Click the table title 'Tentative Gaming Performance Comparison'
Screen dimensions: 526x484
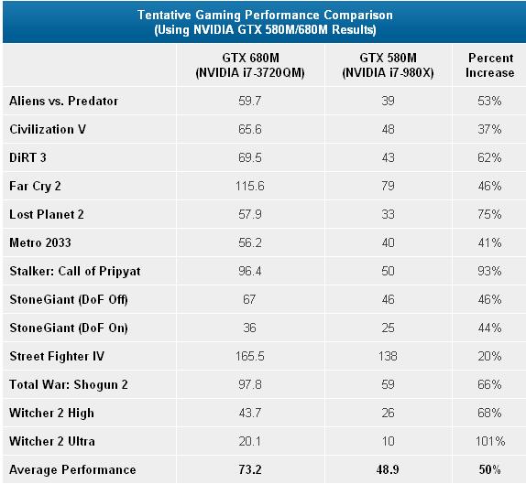click(265, 15)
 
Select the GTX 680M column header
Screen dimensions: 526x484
click(250, 65)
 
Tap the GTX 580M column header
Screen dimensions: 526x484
click(389, 65)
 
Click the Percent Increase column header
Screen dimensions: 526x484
click(490, 65)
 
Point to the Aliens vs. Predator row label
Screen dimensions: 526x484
click(64, 101)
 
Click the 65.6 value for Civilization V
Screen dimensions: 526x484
click(250, 129)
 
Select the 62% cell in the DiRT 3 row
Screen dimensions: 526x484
click(489, 157)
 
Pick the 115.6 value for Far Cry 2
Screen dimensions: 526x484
click(250, 186)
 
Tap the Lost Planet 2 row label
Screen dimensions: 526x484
click(47, 214)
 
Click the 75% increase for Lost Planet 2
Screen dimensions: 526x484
click(489, 214)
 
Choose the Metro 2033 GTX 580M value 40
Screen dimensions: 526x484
click(389, 242)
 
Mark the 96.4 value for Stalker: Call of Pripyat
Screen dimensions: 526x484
click(250, 271)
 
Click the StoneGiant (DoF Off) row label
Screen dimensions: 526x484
click(69, 299)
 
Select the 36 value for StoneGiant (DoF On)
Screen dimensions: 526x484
click(249, 328)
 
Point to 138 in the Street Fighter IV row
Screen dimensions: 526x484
click(389, 356)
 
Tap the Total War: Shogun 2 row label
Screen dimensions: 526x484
click(69, 384)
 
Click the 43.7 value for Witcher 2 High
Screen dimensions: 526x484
click(250, 413)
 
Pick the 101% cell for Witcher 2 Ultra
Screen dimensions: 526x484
click(490, 442)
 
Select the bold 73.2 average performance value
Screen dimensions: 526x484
click(250, 469)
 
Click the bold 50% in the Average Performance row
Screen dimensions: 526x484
click(489, 469)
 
